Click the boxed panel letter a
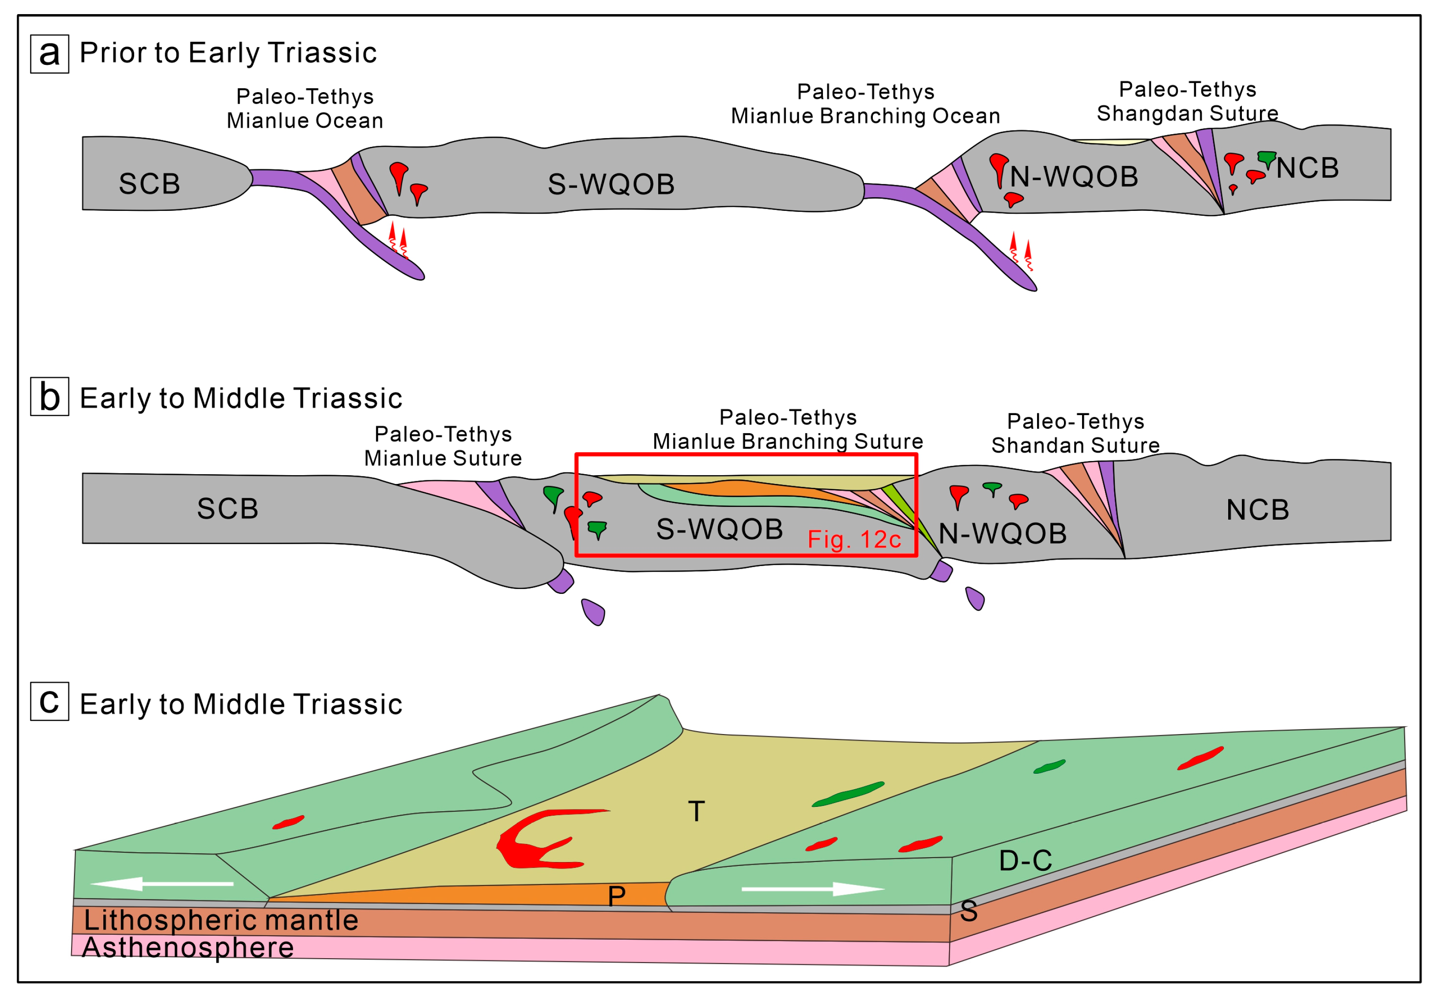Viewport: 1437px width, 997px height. tap(49, 54)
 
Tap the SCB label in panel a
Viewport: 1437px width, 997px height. tap(149, 184)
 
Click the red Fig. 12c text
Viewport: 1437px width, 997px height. tap(854, 539)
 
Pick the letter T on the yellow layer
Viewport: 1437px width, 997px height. tap(696, 811)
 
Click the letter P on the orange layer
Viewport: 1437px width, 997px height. tap(616, 896)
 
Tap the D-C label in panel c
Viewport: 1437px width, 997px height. tap(1025, 861)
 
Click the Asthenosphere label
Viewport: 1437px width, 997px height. tap(188, 948)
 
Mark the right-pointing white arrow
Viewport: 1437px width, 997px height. tap(813, 888)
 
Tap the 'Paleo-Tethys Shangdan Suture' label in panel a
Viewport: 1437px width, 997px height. tap(1187, 101)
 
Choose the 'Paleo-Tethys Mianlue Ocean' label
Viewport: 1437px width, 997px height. tap(305, 109)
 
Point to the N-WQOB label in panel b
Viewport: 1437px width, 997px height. tap(1003, 533)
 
